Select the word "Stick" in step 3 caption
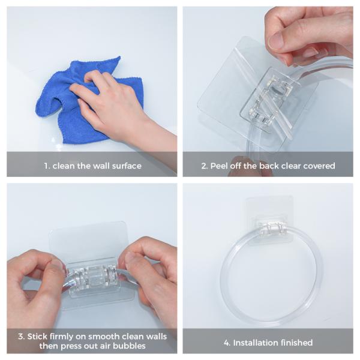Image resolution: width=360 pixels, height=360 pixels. [x=37, y=337]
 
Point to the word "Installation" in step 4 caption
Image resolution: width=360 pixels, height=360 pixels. [x=255, y=343]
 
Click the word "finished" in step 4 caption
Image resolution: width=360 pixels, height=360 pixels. [x=296, y=343]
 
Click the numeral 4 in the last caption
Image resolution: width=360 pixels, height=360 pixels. [x=227, y=343]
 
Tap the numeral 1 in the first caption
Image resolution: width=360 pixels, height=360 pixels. [x=47, y=166]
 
